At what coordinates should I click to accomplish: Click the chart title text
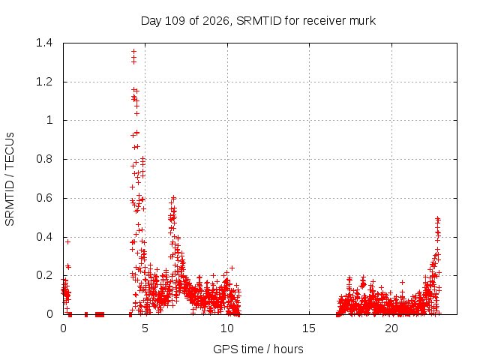pos(258,21)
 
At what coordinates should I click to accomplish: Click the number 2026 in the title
pos(215,21)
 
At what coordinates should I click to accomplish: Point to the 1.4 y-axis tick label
pos(44,43)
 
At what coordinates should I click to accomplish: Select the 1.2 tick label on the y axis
pos(44,82)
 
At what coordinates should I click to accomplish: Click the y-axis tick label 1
pos(49,120)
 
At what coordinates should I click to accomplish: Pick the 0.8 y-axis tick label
pos(44,159)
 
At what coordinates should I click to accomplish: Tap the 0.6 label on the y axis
pos(44,198)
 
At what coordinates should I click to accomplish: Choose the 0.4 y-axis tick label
pos(44,237)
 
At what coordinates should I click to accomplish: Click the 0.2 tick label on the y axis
pos(44,275)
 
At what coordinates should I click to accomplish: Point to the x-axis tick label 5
pos(145,328)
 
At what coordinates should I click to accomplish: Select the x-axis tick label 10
pos(227,328)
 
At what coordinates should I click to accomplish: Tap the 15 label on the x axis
pos(309,328)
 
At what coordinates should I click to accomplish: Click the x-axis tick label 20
pos(391,328)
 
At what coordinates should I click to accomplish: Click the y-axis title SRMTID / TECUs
pos(10,179)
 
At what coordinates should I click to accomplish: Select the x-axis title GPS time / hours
pos(258,349)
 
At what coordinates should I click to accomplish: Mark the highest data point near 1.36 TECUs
pos(133,52)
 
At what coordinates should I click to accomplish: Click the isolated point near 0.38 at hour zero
pos(68,241)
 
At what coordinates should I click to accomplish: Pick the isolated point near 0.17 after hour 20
pos(403,282)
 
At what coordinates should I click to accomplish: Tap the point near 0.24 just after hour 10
pos(232,268)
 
